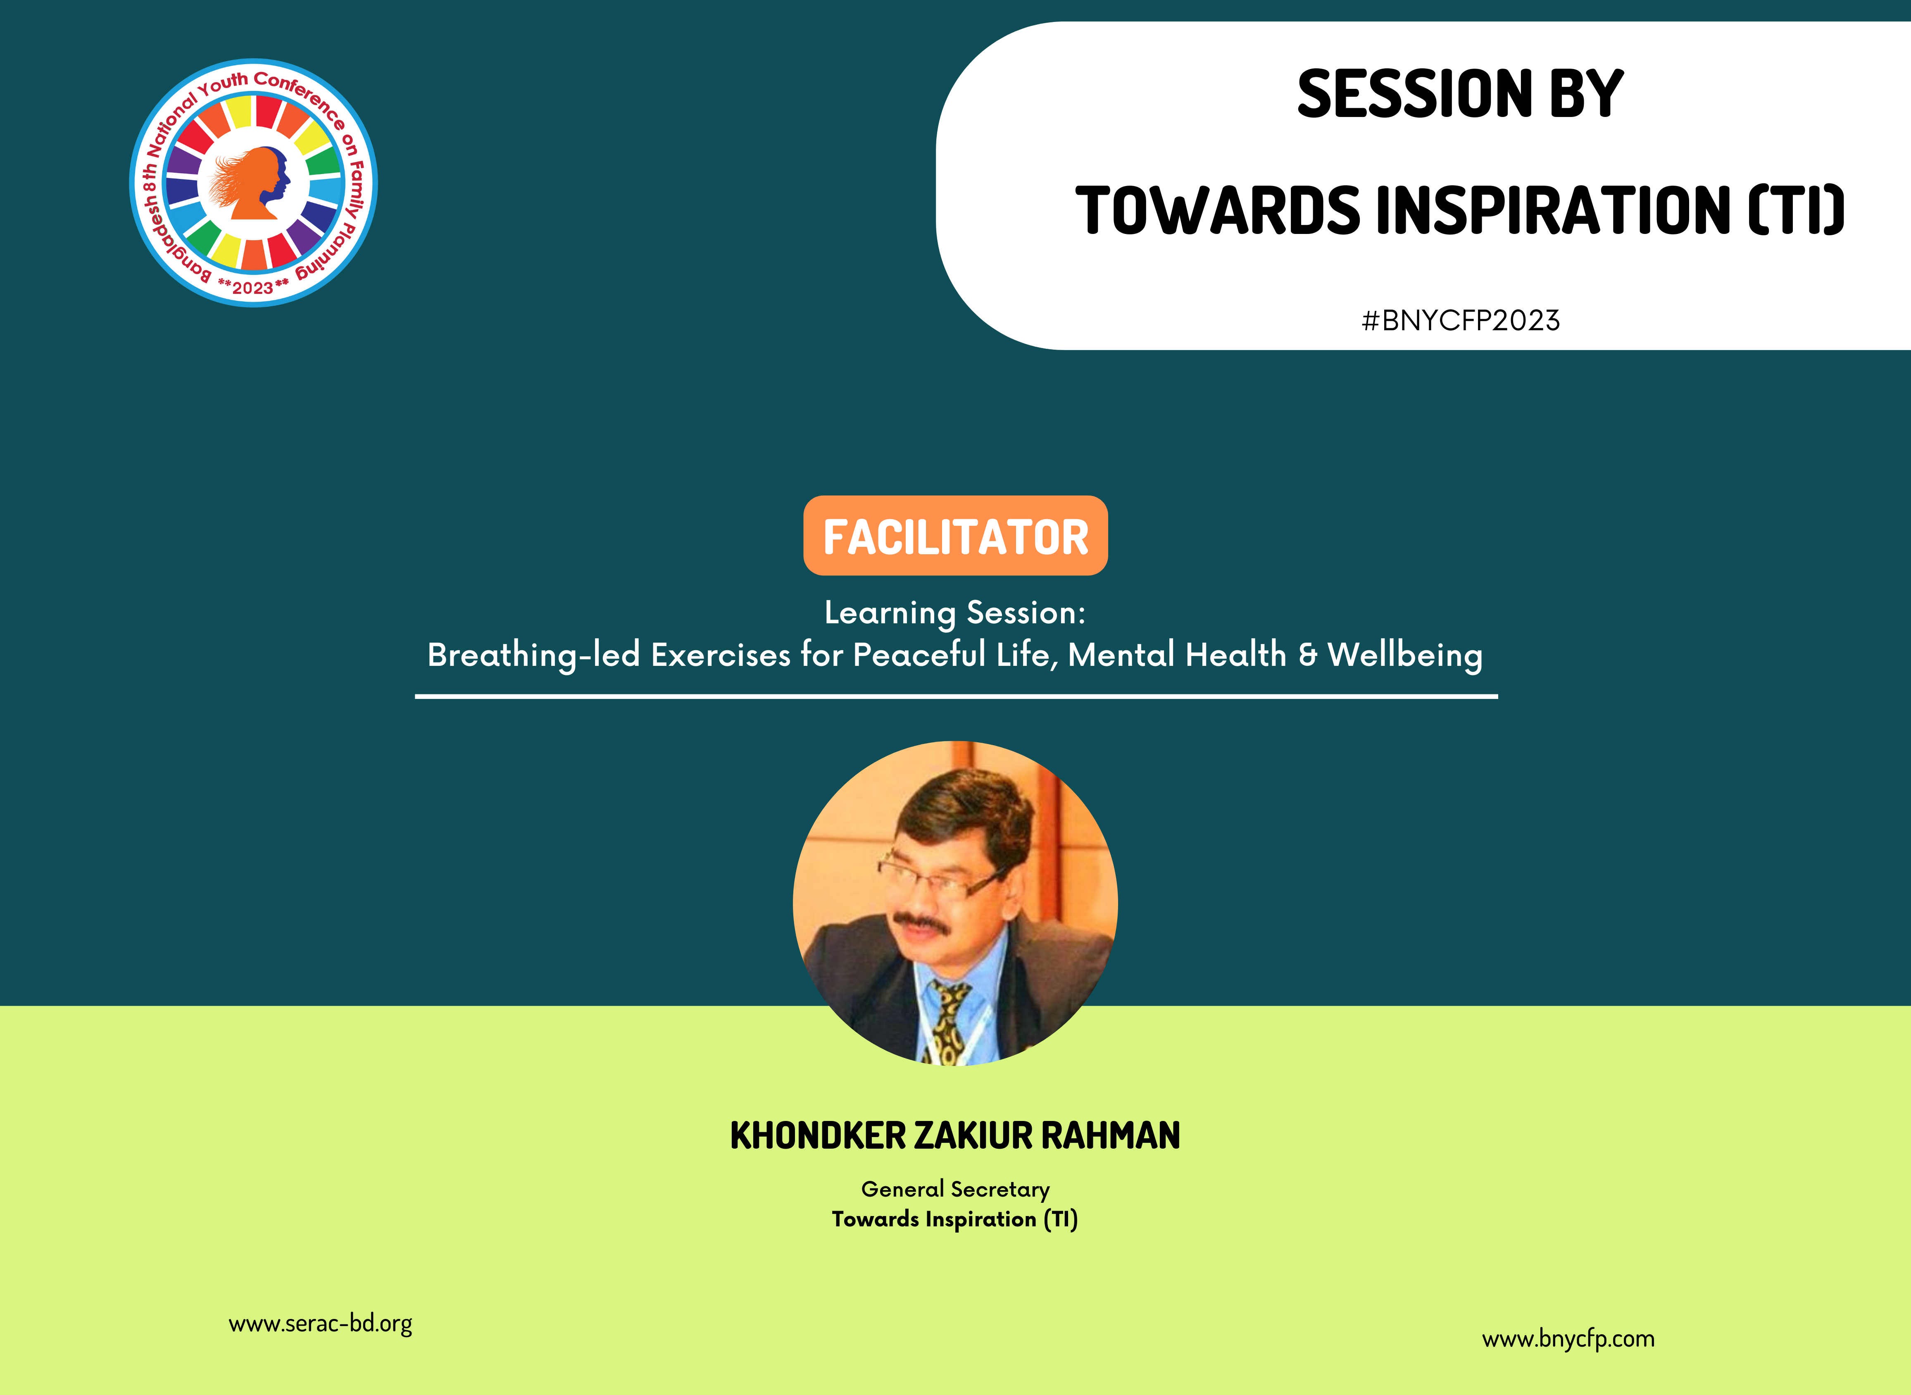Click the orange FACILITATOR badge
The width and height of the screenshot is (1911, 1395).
[955, 535]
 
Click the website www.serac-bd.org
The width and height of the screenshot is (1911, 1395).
[321, 1323]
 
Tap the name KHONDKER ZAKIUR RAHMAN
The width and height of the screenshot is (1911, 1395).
[954, 1136]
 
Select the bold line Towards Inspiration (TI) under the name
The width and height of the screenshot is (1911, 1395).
[954, 1219]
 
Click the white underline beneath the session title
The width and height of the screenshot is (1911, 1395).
[957, 696]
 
